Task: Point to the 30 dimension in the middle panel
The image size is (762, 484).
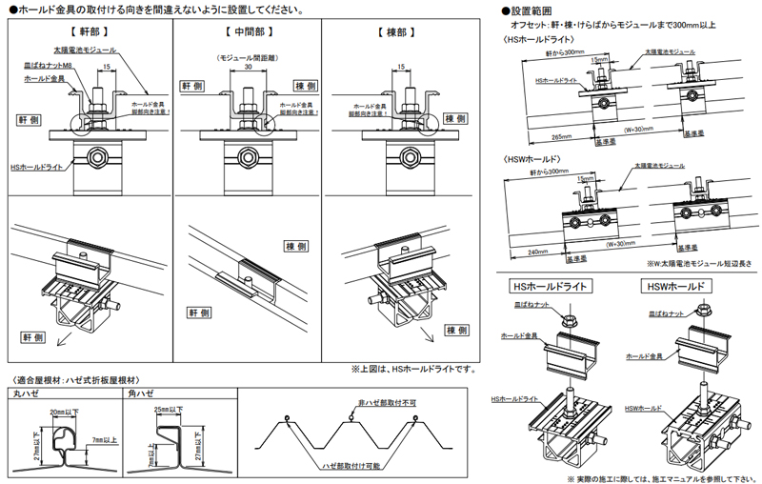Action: (249, 69)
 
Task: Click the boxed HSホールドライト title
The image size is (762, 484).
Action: (550, 285)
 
